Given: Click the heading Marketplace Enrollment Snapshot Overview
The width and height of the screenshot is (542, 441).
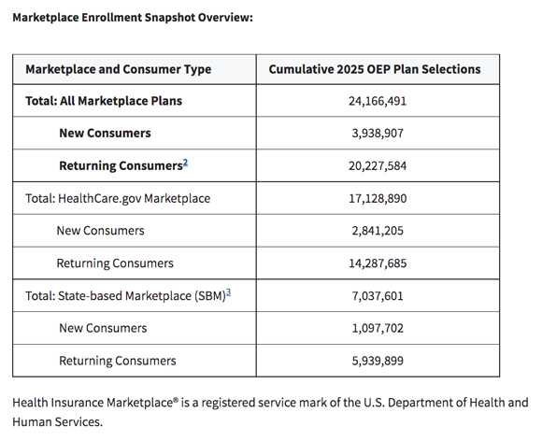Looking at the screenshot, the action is pyautogui.click(x=133, y=17).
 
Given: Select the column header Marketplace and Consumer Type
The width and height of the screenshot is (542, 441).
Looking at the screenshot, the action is pyautogui.click(x=119, y=69).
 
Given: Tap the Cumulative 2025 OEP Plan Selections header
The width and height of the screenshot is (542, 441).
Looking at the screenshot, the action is pyautogui.click(x=375, y=69).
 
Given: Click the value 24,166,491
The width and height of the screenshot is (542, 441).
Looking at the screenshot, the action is pyautogui.click(x=378, y=101).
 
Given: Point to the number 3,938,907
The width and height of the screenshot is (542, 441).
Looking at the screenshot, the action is pyautogui.click(x=378, y=133).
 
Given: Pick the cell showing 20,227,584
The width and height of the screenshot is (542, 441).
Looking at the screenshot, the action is pyautogui.click(x=378, y=166).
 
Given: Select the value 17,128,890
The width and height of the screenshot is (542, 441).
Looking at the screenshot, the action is pyautogui.click(x=378, y=198).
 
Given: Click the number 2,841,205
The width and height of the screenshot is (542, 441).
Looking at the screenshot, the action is pyautogui.click(x=378, y=231).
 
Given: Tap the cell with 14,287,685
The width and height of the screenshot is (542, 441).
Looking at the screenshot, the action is pyautogui.click(x=378, y=263).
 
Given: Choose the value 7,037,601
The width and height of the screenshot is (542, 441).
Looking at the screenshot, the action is pyautogui.click(x=378, y=296).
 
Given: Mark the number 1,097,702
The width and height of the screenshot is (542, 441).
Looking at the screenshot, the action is pyautogui.click(x=378, y=328).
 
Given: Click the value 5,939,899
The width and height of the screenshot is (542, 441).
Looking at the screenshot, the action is pyautogui.click(x=378, y=361).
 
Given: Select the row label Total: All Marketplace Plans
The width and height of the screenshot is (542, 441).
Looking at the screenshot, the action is pyautogui.click(x=104, y=101).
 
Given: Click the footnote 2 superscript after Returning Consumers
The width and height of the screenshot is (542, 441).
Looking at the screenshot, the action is pyautogui.click(x=186, y=163).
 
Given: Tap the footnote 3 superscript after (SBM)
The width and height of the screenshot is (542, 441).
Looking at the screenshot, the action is pyautogui.click(x=229, y=292).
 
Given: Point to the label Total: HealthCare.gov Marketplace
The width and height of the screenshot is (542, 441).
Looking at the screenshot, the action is pyautogui.click(x=118, y=198).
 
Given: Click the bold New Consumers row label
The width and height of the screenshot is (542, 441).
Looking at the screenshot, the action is pyautogui.click(x=105, y=133).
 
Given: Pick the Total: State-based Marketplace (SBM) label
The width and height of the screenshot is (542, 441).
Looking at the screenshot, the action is pyautogui.click(x=125, y=296).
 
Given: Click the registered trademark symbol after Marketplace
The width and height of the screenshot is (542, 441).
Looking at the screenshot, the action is pyautogui.click(x=176, y=400).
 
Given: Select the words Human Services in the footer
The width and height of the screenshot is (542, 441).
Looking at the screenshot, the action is pyautogui.click(x=57, y=422).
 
